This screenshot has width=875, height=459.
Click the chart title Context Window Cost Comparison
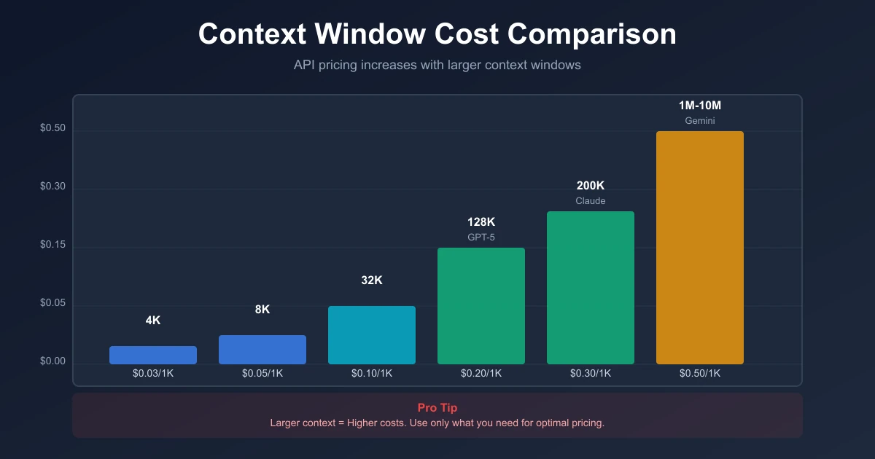click(437, 34)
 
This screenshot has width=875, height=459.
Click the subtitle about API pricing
click(437, 65)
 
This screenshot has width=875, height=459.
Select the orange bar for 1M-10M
click(699, 248)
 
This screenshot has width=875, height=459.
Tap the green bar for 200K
click(590, 288)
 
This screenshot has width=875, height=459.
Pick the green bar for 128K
click(481, 306)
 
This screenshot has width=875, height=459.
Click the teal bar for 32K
click(371, 335)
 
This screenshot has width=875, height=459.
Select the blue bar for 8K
click(262, 350)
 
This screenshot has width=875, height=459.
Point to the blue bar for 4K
click(152, 355)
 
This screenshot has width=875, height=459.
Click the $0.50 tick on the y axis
click(52, 128)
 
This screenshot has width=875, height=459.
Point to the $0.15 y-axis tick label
click(52, 245)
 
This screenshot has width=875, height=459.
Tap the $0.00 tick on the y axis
click(52, 361)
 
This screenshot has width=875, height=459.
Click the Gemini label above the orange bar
click(699, 121)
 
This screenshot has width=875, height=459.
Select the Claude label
click(590, 201)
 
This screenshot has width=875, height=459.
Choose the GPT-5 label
click(481, 238)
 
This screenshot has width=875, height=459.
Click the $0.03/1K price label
click(152, 374)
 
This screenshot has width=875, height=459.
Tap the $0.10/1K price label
click(371, 374)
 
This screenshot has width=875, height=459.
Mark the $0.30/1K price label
click(590, 374)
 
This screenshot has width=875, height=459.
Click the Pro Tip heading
click(437, 408)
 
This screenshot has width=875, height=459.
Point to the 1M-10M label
click(699, 106)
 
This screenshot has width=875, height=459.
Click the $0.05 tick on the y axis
click(52, 303)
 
